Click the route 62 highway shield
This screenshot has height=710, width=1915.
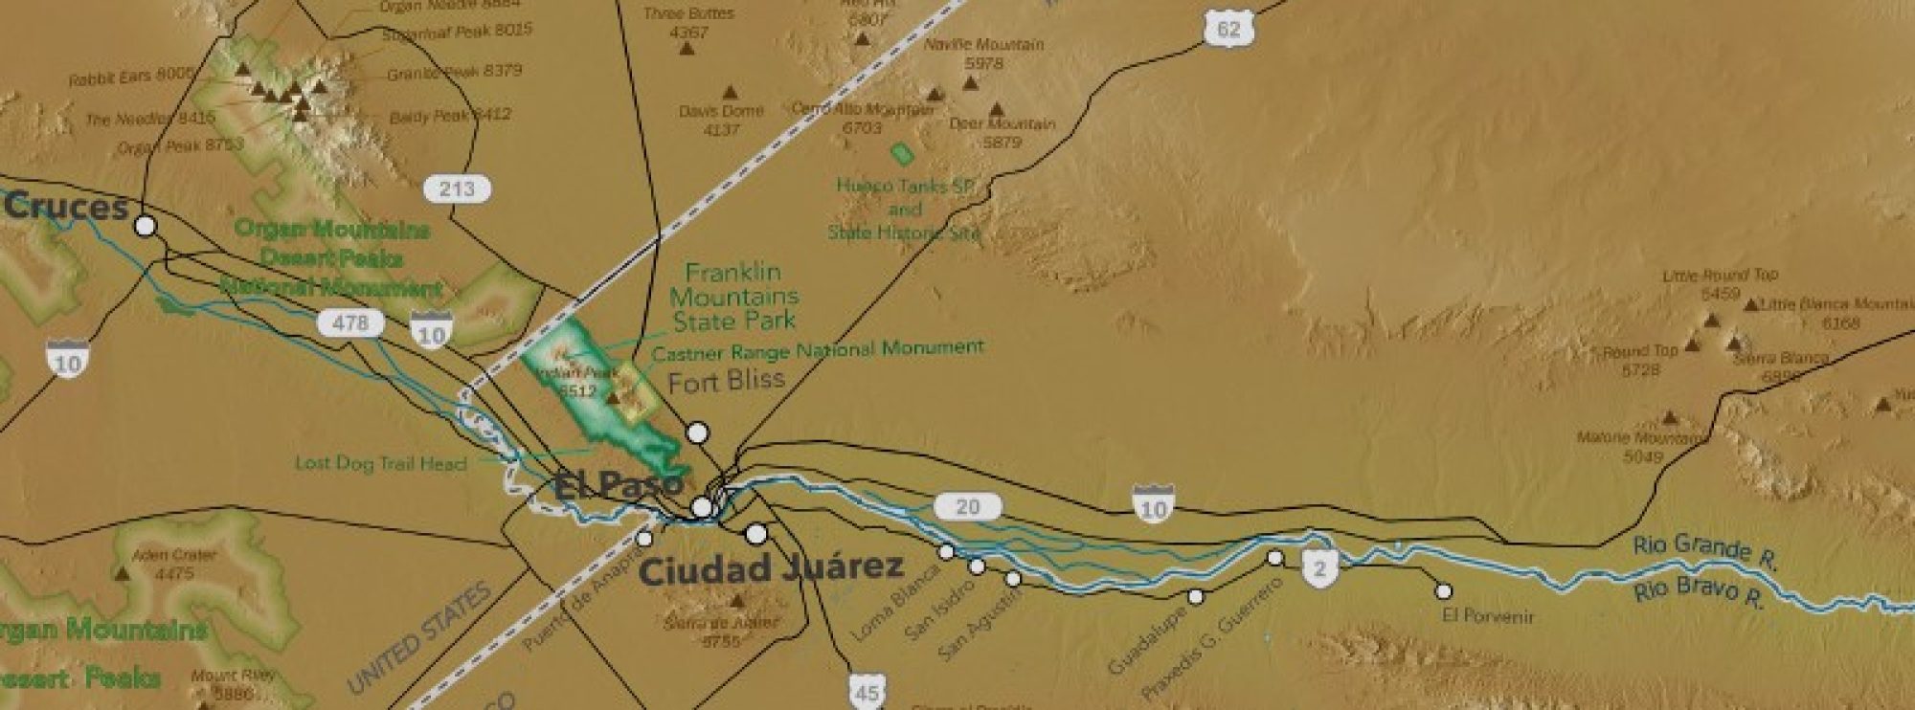tap(1228, 30)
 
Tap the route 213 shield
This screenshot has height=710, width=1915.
tap(457, 189)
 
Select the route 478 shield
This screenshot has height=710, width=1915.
tap(349, 323)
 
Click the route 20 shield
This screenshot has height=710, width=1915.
tap(967, 506)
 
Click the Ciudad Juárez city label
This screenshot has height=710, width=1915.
tap(771, 569)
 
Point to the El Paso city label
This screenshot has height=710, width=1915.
tap(618, 485)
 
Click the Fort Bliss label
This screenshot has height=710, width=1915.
tap(726, 382)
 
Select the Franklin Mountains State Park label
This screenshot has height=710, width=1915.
tap(734, 297)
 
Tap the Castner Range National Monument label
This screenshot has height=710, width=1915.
tap(817, 350)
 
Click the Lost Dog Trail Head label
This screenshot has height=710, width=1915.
tap(380, 463)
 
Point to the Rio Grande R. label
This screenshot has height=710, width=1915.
tap(1704, 552)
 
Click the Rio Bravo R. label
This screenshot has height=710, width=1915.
tap(1697, 592)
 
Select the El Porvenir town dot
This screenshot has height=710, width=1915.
tap(1443, 591)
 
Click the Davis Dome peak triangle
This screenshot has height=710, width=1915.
tap(731, 93)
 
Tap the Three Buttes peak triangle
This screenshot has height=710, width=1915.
tap(687, 48)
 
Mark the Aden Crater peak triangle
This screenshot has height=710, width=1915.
tap(122, 574)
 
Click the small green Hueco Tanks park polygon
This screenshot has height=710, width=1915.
tap(900, 152)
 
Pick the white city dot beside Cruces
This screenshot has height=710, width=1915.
tap(146, 226)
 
